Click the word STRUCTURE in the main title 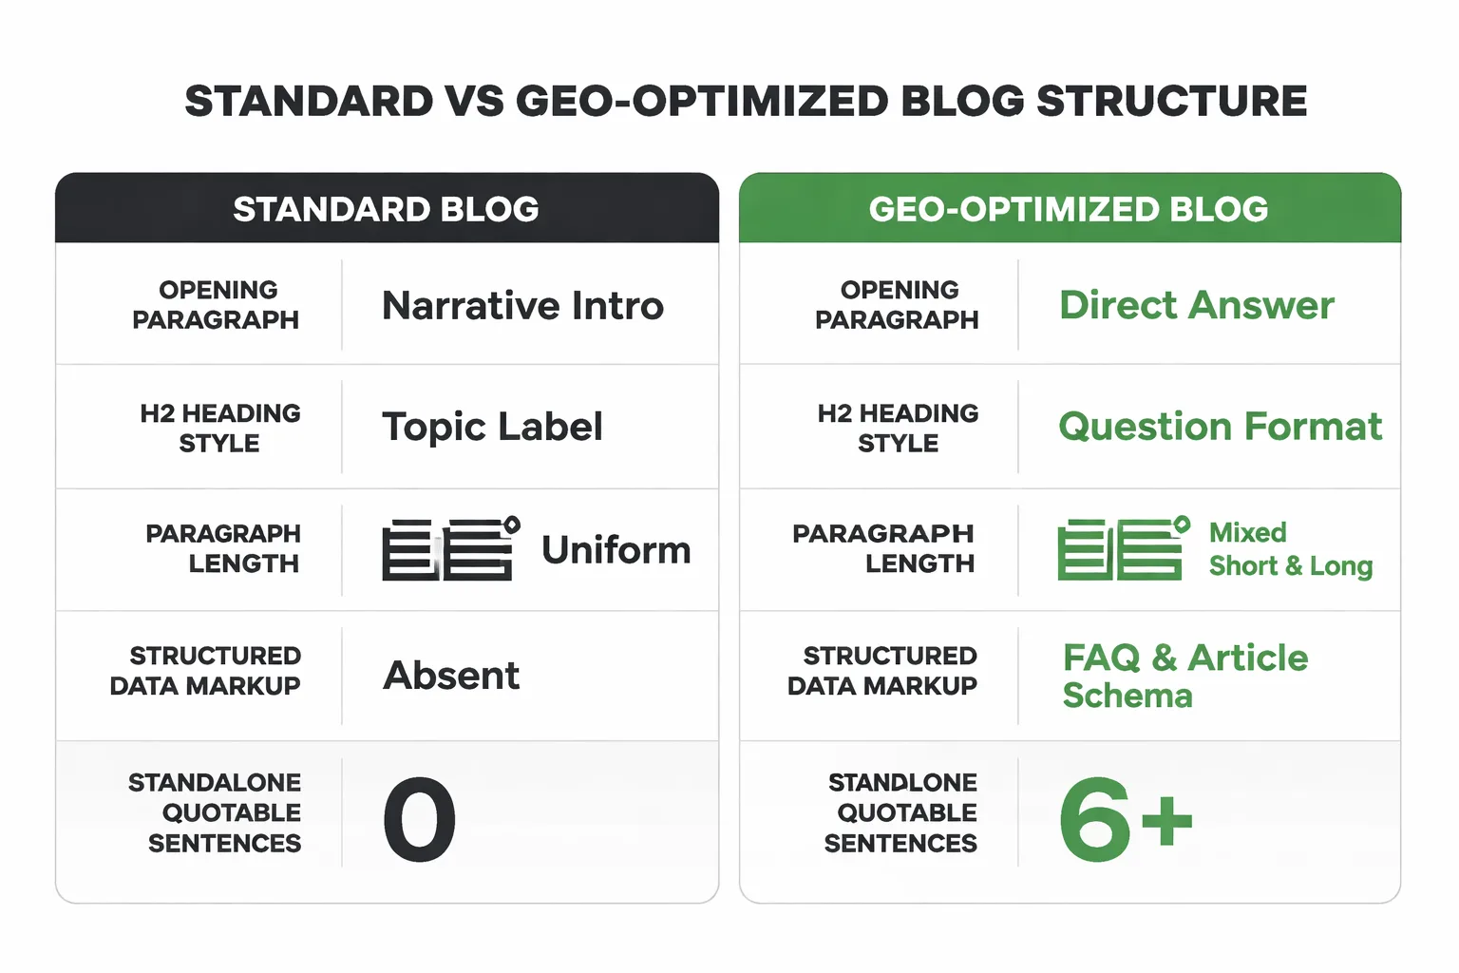click(x=1171, y=102)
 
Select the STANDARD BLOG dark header click(x=387, y=209)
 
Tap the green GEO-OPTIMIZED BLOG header click(x=1069, y=209)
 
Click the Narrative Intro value click(x=522, y=306)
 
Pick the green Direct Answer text click(x=1197, y=306)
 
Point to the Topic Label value click(x=492, y=427)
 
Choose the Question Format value click(x=1220, y=427)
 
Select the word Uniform click(x=616, y=550)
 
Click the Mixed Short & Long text click(x=1289, y=549)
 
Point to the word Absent click(x=451, y=676)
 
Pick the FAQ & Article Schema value click(x=1184, y=676)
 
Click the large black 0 click(x=419, y=819)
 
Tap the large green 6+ click(x=1125, y=819)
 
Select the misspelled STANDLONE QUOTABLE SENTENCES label click(x=901, y=812)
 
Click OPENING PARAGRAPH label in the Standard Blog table click(x=217, y=305)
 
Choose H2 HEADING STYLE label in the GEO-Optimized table click(x=898, y=428)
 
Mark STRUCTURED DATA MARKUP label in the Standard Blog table click(x=206, y=671)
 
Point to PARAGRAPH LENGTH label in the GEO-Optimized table click(x=884, y=548)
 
